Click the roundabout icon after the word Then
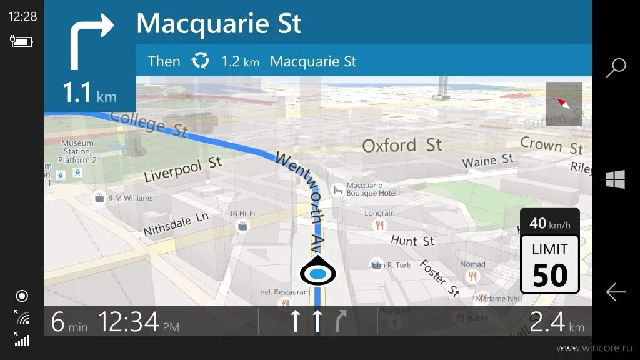(200, 61)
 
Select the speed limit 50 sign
(550, 265)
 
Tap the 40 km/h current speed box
(550, 222)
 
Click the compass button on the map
(564, 104)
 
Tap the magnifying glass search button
(616, 67)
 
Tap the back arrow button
(616, 292)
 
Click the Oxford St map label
(402, 146)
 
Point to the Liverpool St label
(182, 169)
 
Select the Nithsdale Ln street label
(176, 223)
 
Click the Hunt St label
(412, 241)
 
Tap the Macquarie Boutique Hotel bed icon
(337, 189)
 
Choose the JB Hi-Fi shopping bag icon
(242, 226)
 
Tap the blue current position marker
(318, 273)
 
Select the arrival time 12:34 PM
(138, 322)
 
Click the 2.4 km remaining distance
(556, 322)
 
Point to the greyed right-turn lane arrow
(341, 321)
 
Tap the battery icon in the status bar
(21, 42)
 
